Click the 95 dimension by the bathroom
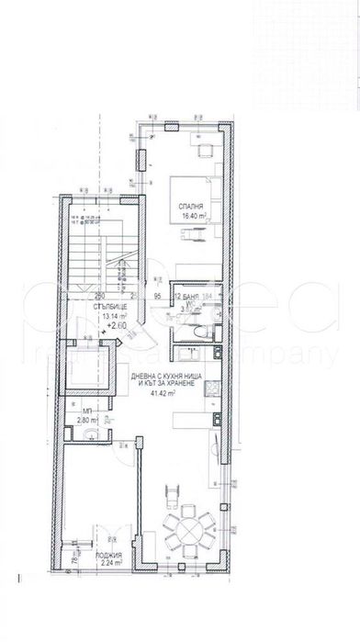pyautogui.click(x=158, y=296)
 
